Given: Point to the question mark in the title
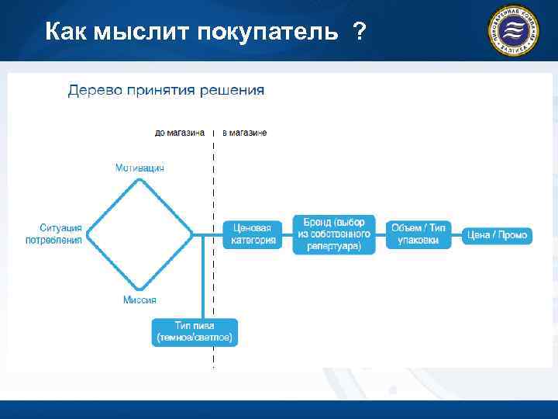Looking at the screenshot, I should (x=359, y=32).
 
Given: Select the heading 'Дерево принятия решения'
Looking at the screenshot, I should (x=166, y=90).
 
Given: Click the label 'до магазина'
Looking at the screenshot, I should (x=180, y=133).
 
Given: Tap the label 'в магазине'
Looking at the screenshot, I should (x=245, y=133).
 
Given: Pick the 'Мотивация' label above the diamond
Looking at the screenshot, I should (x=139, y=168).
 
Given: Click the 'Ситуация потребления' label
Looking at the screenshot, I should (x=60, y=234).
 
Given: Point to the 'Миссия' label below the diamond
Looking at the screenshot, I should (x=139, y=300).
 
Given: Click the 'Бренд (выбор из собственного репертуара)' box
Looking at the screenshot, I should (x=334, y=234).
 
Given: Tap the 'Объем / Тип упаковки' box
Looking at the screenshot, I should (x=418, y=234).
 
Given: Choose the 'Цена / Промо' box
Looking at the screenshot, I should (x=497, y=234).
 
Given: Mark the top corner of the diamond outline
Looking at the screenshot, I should (x=140, y=180).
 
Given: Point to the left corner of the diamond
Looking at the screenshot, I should (x=89, y=234).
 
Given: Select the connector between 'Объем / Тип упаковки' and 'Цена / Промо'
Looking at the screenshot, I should (x=456, y=234).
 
